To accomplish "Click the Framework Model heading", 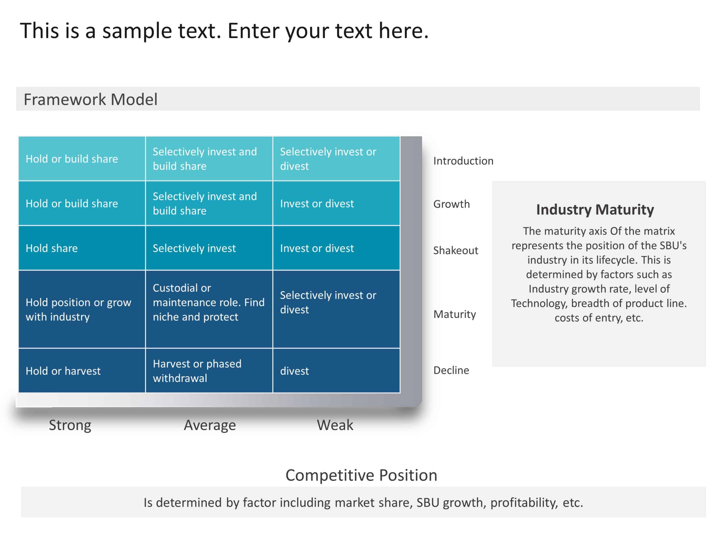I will pyautogui.click(x=91, y=99).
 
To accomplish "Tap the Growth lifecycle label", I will pyautogui.click(x=451, y=204).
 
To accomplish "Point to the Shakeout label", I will pyautogui.click(x=455, y=250).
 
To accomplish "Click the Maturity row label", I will pyautogui.click(x=454, y=314).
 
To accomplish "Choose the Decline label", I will pyautogui.click(x=451, y=370).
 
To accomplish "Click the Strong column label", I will pyautogui.click(x=70, y=425).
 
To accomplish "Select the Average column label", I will pyautogui.click(x=210, y=425).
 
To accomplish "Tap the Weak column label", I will pyautogui.click(x=335, y=425).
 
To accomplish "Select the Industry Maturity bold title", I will pyautogui.click(x=595, y=209).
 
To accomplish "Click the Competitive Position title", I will pyautogui.click(x=361, y=475).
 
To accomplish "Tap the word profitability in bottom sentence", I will pyautogui.click(x=524, y=502).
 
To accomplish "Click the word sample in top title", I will pyautogui.click(x=137, y=31).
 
